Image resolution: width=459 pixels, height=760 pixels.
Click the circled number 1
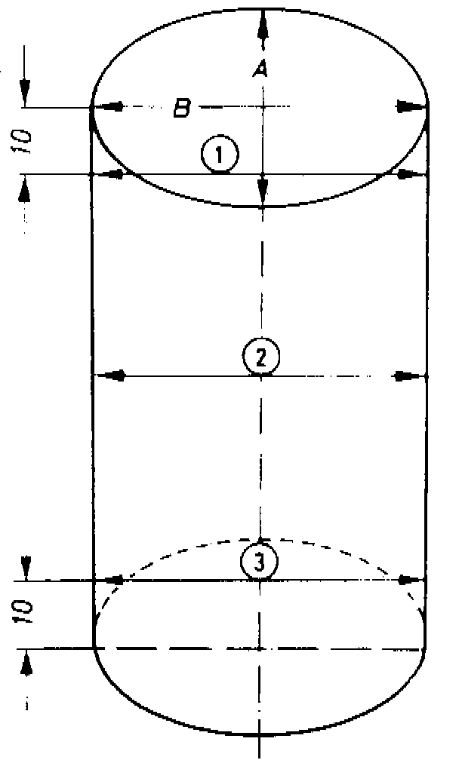point(220,156)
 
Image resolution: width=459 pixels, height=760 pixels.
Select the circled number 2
point(261,357)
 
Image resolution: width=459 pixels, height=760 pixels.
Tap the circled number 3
point(259,561)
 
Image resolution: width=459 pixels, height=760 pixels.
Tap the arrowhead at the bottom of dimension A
point(262,192)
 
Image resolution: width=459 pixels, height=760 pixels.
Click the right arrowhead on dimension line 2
point(408,375)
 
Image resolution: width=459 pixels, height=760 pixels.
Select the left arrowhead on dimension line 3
point(112,581)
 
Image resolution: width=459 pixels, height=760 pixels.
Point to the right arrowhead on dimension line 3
point(408,581)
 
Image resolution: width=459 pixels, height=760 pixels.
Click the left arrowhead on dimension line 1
point(112,175)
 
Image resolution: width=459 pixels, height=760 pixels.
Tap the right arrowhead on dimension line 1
point(408,175)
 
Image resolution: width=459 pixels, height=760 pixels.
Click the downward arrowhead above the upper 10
point(25,91)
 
